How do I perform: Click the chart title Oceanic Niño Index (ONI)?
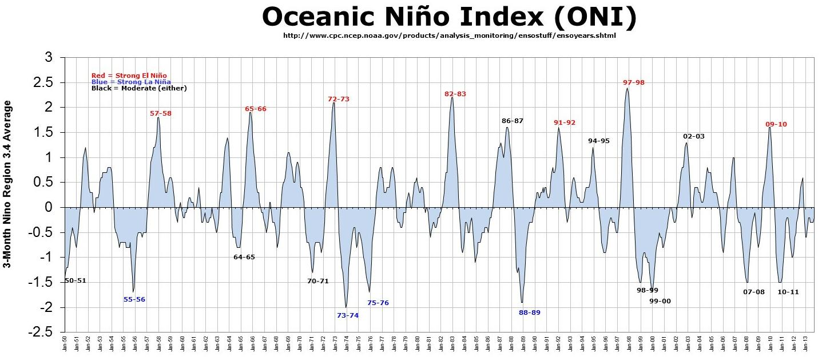tap(449, 18)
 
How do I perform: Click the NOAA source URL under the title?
tap(450, 35)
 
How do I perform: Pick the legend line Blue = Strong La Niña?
tap(131, 82)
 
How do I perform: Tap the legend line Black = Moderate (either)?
tap(139, 88)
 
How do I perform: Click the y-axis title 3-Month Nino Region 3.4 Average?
tap(8, 184)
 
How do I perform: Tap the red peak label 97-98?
tap(633, 82)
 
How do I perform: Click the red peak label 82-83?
tap(455, 94)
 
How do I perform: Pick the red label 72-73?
tap(338, 99)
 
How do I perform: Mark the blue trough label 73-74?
tap(347, 315)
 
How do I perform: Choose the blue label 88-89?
tap(529, 312)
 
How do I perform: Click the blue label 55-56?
tap(134, 299)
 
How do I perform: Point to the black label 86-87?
tap(512, 121)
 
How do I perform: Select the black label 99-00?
tap(660, 301)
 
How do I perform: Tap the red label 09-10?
tap(776, 124)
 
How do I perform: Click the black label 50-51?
tap(75, 280)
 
